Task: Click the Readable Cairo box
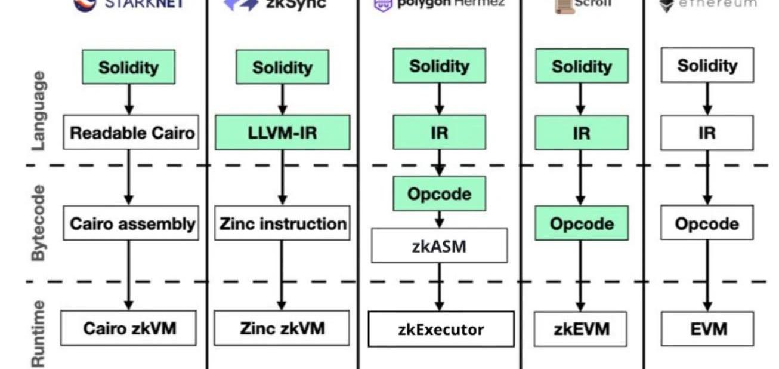(131, 132)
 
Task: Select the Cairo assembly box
(131, 224)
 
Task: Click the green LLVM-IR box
(282, 132)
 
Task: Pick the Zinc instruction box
(282, 224)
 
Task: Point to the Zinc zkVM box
(282, 328)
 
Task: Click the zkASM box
(440, 245)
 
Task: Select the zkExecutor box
(441, 329)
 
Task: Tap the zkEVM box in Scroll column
(581, 328)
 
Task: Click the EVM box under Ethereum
(707, 328)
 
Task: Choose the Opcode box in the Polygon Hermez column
(439, 194)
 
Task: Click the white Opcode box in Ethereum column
(707, 224)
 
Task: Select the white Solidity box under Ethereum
(707, 65)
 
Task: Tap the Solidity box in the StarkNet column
(129, 67)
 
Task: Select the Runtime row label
(38, 333)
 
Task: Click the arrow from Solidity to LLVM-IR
(282, 100)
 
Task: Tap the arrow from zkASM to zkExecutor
(440, 287)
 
